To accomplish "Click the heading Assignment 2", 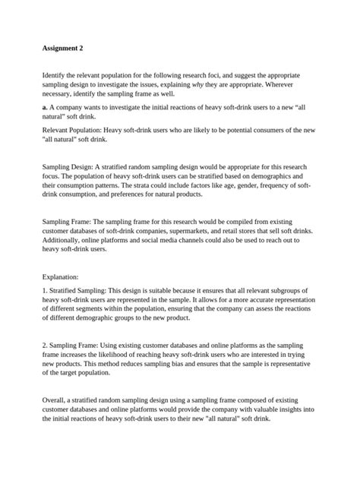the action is (x=62, y=49).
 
